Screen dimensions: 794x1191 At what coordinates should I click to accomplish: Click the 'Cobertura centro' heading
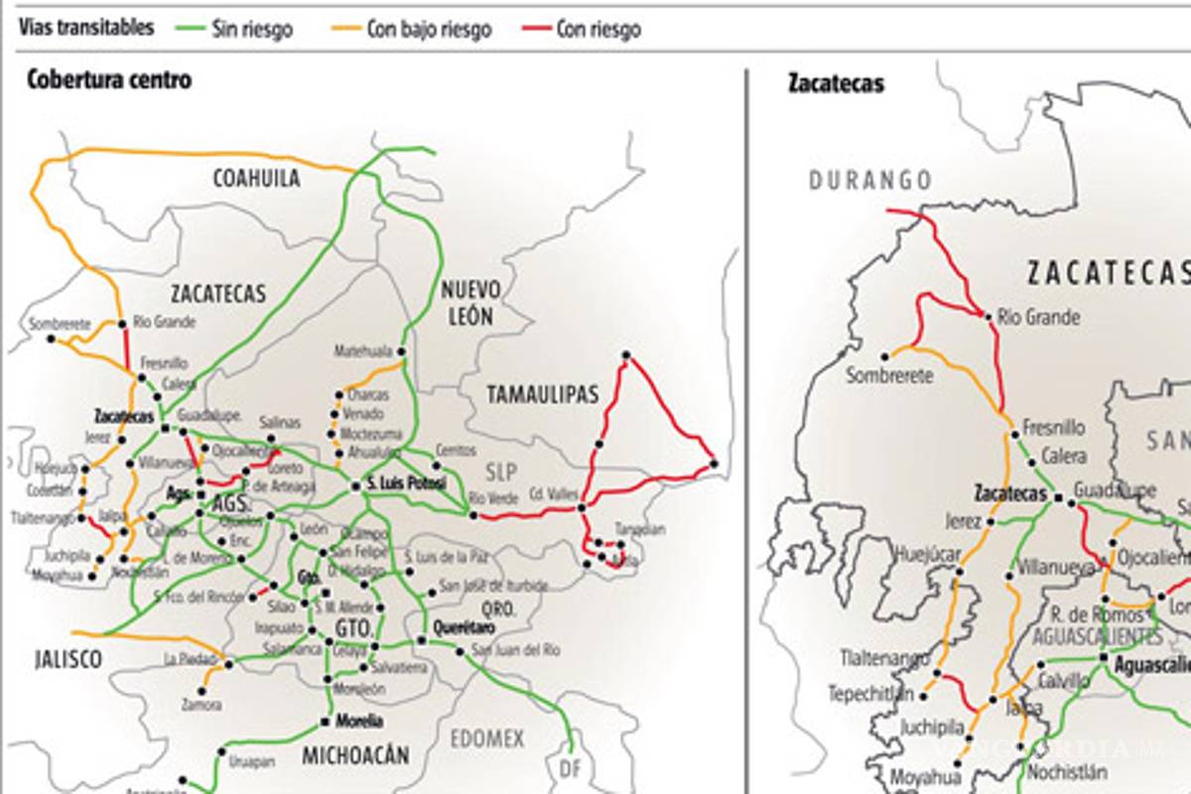pos(109,80)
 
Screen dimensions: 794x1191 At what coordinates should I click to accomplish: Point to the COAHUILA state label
pos(256,179)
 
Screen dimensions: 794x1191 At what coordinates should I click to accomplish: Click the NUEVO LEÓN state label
pos(471,303)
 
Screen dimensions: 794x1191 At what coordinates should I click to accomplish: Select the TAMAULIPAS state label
pos(542,395)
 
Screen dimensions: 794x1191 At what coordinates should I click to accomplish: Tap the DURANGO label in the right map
pos(870,181)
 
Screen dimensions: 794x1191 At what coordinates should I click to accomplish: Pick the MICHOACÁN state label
pos(355,756)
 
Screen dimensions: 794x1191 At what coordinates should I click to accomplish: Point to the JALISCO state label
pos(67,660)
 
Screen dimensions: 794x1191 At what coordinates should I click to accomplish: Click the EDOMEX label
pos(486,739)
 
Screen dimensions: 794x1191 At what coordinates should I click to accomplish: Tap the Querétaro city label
pos(464,629)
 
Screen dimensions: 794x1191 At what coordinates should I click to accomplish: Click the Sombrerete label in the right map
pos(888,375)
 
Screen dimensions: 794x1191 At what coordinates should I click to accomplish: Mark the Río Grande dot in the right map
pos(988,317)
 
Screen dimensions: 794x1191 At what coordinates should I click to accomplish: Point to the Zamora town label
pos(201,705)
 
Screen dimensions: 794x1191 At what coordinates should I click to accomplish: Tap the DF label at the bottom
pos(570,767)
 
